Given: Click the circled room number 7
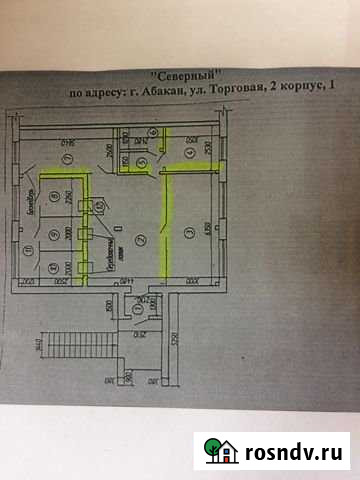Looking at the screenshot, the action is pyautogui.click(x=67, y=159).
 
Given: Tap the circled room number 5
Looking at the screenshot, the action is pyautogui.click(x=141, y=161).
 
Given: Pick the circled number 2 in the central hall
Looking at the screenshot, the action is pyautogui.click(x=141, y=239).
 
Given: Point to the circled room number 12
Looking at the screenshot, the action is pyautogui.click(x=101, y=206).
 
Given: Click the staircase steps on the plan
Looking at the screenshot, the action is pyautogui.click(x=55, y=345).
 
